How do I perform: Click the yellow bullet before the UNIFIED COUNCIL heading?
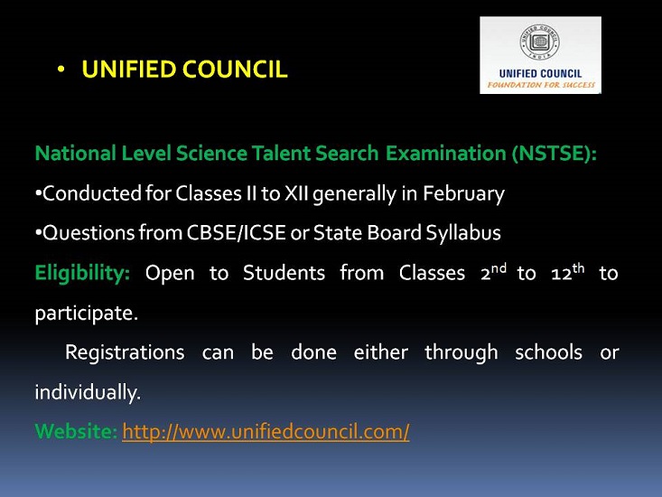tap(61, 69)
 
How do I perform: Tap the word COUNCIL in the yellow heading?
tap(235, 70)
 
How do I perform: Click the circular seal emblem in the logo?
tap(540, 42)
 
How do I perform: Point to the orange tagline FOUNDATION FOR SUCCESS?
tap(541, 85)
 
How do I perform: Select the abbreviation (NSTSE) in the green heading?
tap(555, 153)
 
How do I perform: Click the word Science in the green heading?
tap(211, 153)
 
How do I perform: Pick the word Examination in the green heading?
tap(446, 153)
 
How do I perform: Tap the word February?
tap(463, 193)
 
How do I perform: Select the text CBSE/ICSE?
tap(236, 232)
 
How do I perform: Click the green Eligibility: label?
tap(82, 273)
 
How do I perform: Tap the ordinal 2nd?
tap(493, 272)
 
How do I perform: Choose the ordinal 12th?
tap(568, 272)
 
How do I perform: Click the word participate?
tap(87, 314)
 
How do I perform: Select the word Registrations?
tap(125, 352)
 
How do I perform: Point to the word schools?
tap(548, 352)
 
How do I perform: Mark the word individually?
tap(88, 392)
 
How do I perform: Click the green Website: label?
tap(77, 432)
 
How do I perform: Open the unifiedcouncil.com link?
tap(266, 432)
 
